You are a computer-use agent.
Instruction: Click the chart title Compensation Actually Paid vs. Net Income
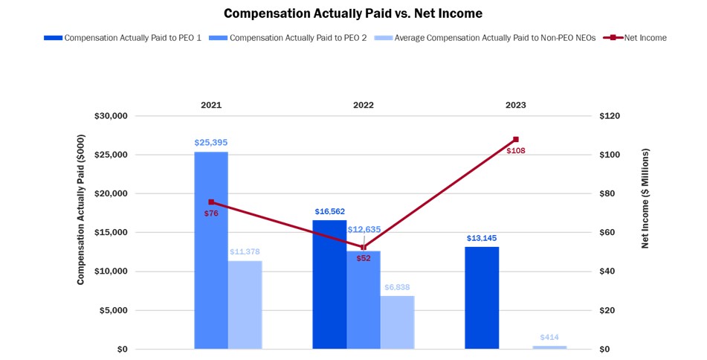(353, 13)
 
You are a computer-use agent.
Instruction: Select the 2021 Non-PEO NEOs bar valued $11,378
(245, 304)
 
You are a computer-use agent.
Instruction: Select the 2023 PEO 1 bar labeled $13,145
(482, 298)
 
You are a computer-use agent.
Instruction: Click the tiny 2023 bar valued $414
(549, 347)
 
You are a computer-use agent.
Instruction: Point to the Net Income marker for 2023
(516, 139)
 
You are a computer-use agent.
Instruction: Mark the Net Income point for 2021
(211, 202)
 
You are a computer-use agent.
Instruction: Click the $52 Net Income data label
(364, 258)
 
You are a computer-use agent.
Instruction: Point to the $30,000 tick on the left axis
(109, 116)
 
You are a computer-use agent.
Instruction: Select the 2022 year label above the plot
(363, 105)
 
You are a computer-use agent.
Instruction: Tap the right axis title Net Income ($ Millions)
(645, 197)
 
